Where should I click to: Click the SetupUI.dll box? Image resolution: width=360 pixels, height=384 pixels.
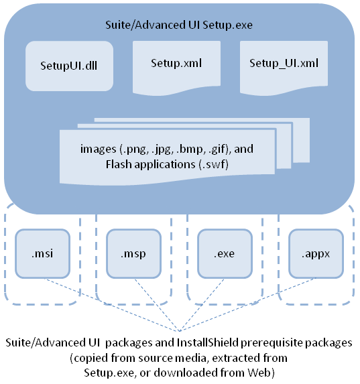[69, 66]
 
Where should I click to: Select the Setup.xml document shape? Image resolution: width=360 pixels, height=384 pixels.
[176, 67]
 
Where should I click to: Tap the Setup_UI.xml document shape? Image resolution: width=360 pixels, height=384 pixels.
[284, 67]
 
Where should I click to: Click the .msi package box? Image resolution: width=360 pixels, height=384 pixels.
[43, 254]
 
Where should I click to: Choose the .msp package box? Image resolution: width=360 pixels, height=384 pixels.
[134, 254]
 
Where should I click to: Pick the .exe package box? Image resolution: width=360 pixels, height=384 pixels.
[225, 254]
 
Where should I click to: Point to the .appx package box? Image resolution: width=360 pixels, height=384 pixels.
[316, 254]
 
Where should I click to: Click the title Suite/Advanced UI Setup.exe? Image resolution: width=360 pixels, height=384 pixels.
[179, 25]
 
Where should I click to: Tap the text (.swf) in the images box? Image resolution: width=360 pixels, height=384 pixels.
[213, 164]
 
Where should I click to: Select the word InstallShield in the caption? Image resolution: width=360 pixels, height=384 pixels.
[208, 342]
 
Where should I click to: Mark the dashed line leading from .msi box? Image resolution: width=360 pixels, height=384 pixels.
[111, 305]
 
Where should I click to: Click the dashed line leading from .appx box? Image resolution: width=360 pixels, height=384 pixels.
[248, 305]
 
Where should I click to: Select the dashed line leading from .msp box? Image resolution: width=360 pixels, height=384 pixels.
[157, 305]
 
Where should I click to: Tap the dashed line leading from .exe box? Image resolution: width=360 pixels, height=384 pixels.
[202, 305]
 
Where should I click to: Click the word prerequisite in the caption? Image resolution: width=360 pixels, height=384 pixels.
[272, 343]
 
